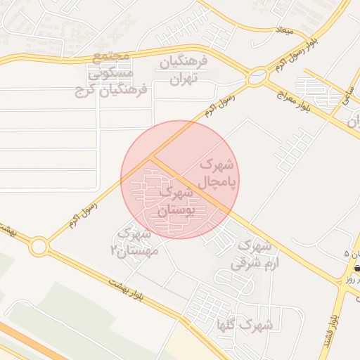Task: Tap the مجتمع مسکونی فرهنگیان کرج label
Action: [110, 73]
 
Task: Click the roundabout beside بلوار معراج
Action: [259, 75]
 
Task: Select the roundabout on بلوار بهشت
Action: [39, 246]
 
